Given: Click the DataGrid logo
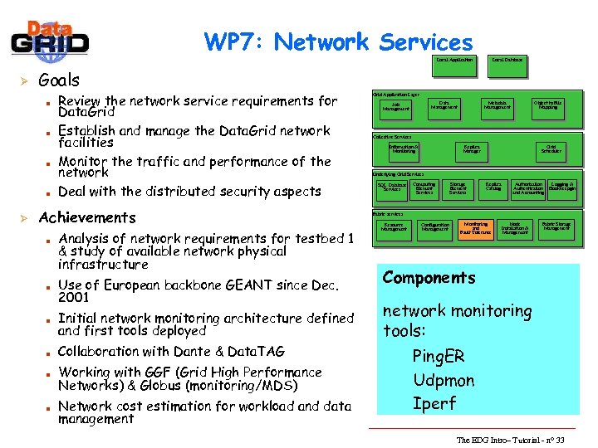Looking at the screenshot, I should click(x=51, y=37).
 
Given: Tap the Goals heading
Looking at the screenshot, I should click(x=59, y=80).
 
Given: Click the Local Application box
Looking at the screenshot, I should click(x=454, y=60).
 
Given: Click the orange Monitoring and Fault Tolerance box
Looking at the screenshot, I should click(x=476, y=228).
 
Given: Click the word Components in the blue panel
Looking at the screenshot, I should click(x=429, y=278).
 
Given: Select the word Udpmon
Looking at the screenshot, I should click(x=444, y=381).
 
